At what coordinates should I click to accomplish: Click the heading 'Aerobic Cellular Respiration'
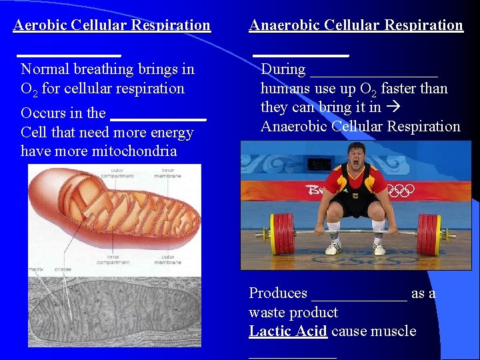[111, 25]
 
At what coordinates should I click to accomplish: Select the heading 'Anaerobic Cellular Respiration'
[355, 25]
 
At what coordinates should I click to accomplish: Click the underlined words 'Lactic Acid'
[288, 331]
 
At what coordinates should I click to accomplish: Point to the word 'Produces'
[278, 293]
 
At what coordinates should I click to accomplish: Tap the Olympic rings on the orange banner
[401, 191]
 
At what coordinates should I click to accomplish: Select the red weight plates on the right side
[430, 234]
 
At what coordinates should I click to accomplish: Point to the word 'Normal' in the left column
[44, 69]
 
